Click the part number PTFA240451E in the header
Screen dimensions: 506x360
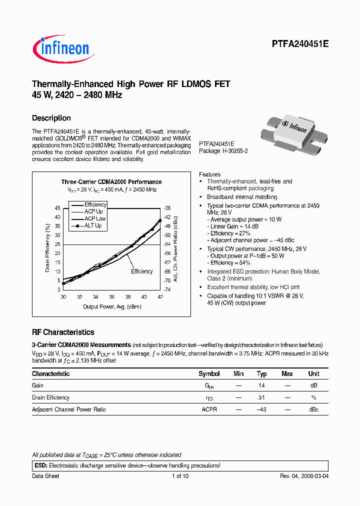(300, 44)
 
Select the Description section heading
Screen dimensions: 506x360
(51, 118)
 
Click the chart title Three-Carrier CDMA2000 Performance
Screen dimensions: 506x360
(111, 182)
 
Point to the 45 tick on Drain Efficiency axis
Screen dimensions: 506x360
(57, 208)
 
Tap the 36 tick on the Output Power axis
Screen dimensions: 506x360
(111, 296)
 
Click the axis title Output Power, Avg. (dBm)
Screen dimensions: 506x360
(112, 306)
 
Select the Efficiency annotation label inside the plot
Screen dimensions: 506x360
(141, 271)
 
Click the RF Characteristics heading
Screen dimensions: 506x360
(63, 332)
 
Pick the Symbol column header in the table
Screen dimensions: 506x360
(209, 374)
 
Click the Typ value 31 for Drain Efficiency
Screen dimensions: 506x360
(261, 397)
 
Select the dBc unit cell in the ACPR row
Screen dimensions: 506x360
(313, 409)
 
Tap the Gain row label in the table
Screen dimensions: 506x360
(38, 385)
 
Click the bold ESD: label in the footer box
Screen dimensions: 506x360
(39, 465)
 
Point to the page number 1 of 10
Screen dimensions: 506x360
(180, 476)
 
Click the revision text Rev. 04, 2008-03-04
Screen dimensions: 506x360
(303, 476)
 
